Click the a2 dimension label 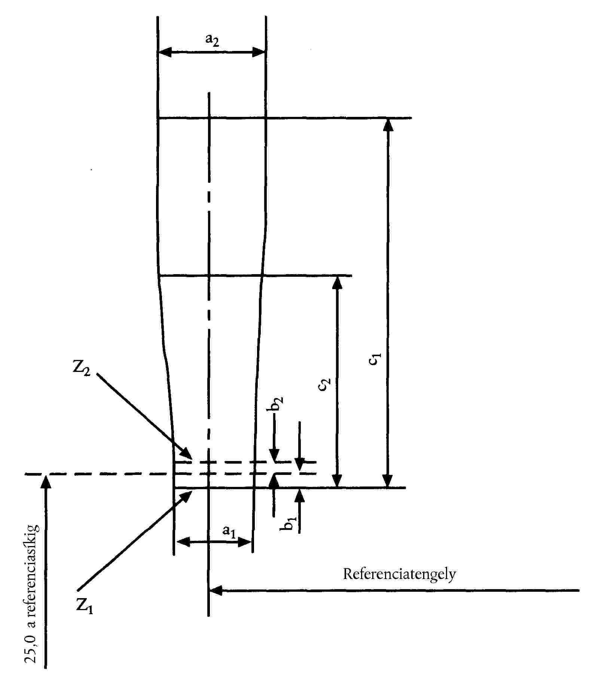(212, 40)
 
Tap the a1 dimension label (229, 531)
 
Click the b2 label (277, 405)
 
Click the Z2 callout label (82, 369)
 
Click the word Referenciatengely (399, 574)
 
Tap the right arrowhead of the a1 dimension (245, 542)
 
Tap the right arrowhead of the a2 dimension (259, 52)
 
